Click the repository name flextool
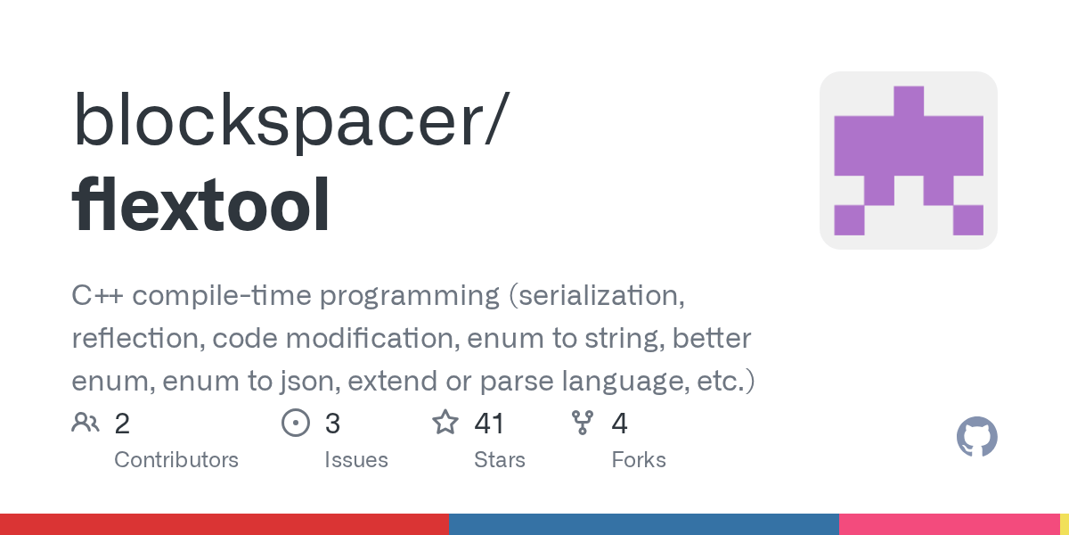201,206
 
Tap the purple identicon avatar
908,160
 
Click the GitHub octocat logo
976,437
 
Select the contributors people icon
86,423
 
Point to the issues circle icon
295,423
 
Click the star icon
445,423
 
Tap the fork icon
583,423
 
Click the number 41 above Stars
489,424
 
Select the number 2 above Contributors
122,424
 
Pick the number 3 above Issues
332,424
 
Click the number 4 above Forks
619,424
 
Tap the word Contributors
176,460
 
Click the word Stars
500,460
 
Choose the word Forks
639,460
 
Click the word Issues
356,460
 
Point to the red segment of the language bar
224,524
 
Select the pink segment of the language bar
949,524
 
